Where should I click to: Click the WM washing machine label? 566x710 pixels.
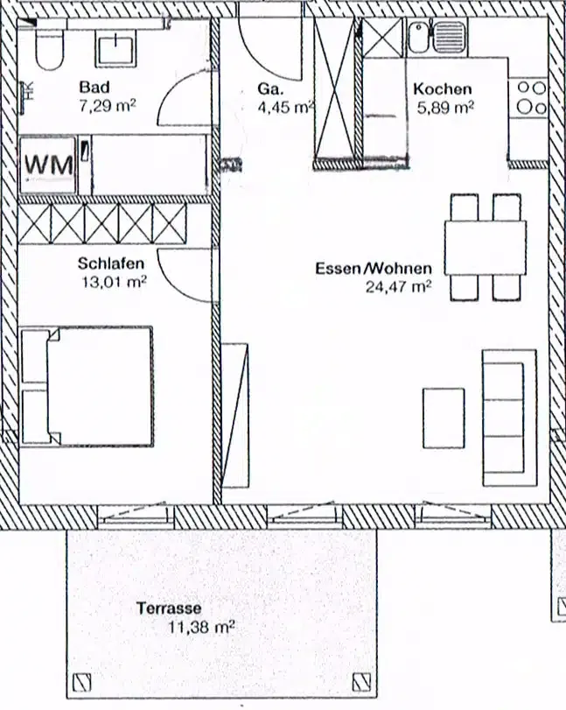[x=49, y=165]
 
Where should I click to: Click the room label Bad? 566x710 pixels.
[x=94, y=86]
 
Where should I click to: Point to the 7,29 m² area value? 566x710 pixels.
[x=108, y=106]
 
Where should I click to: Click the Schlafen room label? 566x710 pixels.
[x=111, y=264]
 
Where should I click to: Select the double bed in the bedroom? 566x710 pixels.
[x=87, y=386]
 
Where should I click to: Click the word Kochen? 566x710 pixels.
[x=442, y=88]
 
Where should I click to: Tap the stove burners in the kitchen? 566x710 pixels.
[x=531, y=98]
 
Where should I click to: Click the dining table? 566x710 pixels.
[x=485, y=247]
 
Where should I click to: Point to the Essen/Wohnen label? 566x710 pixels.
[x=374, y=269]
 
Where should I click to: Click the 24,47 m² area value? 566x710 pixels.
[x=398, y=286]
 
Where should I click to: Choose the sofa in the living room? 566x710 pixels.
[x=510, y=418]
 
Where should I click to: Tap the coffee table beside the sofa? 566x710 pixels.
[x=444, y=418]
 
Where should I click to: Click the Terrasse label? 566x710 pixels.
[x=169, y=608]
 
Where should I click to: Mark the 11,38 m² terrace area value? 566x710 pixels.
[x=201, y=628]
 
